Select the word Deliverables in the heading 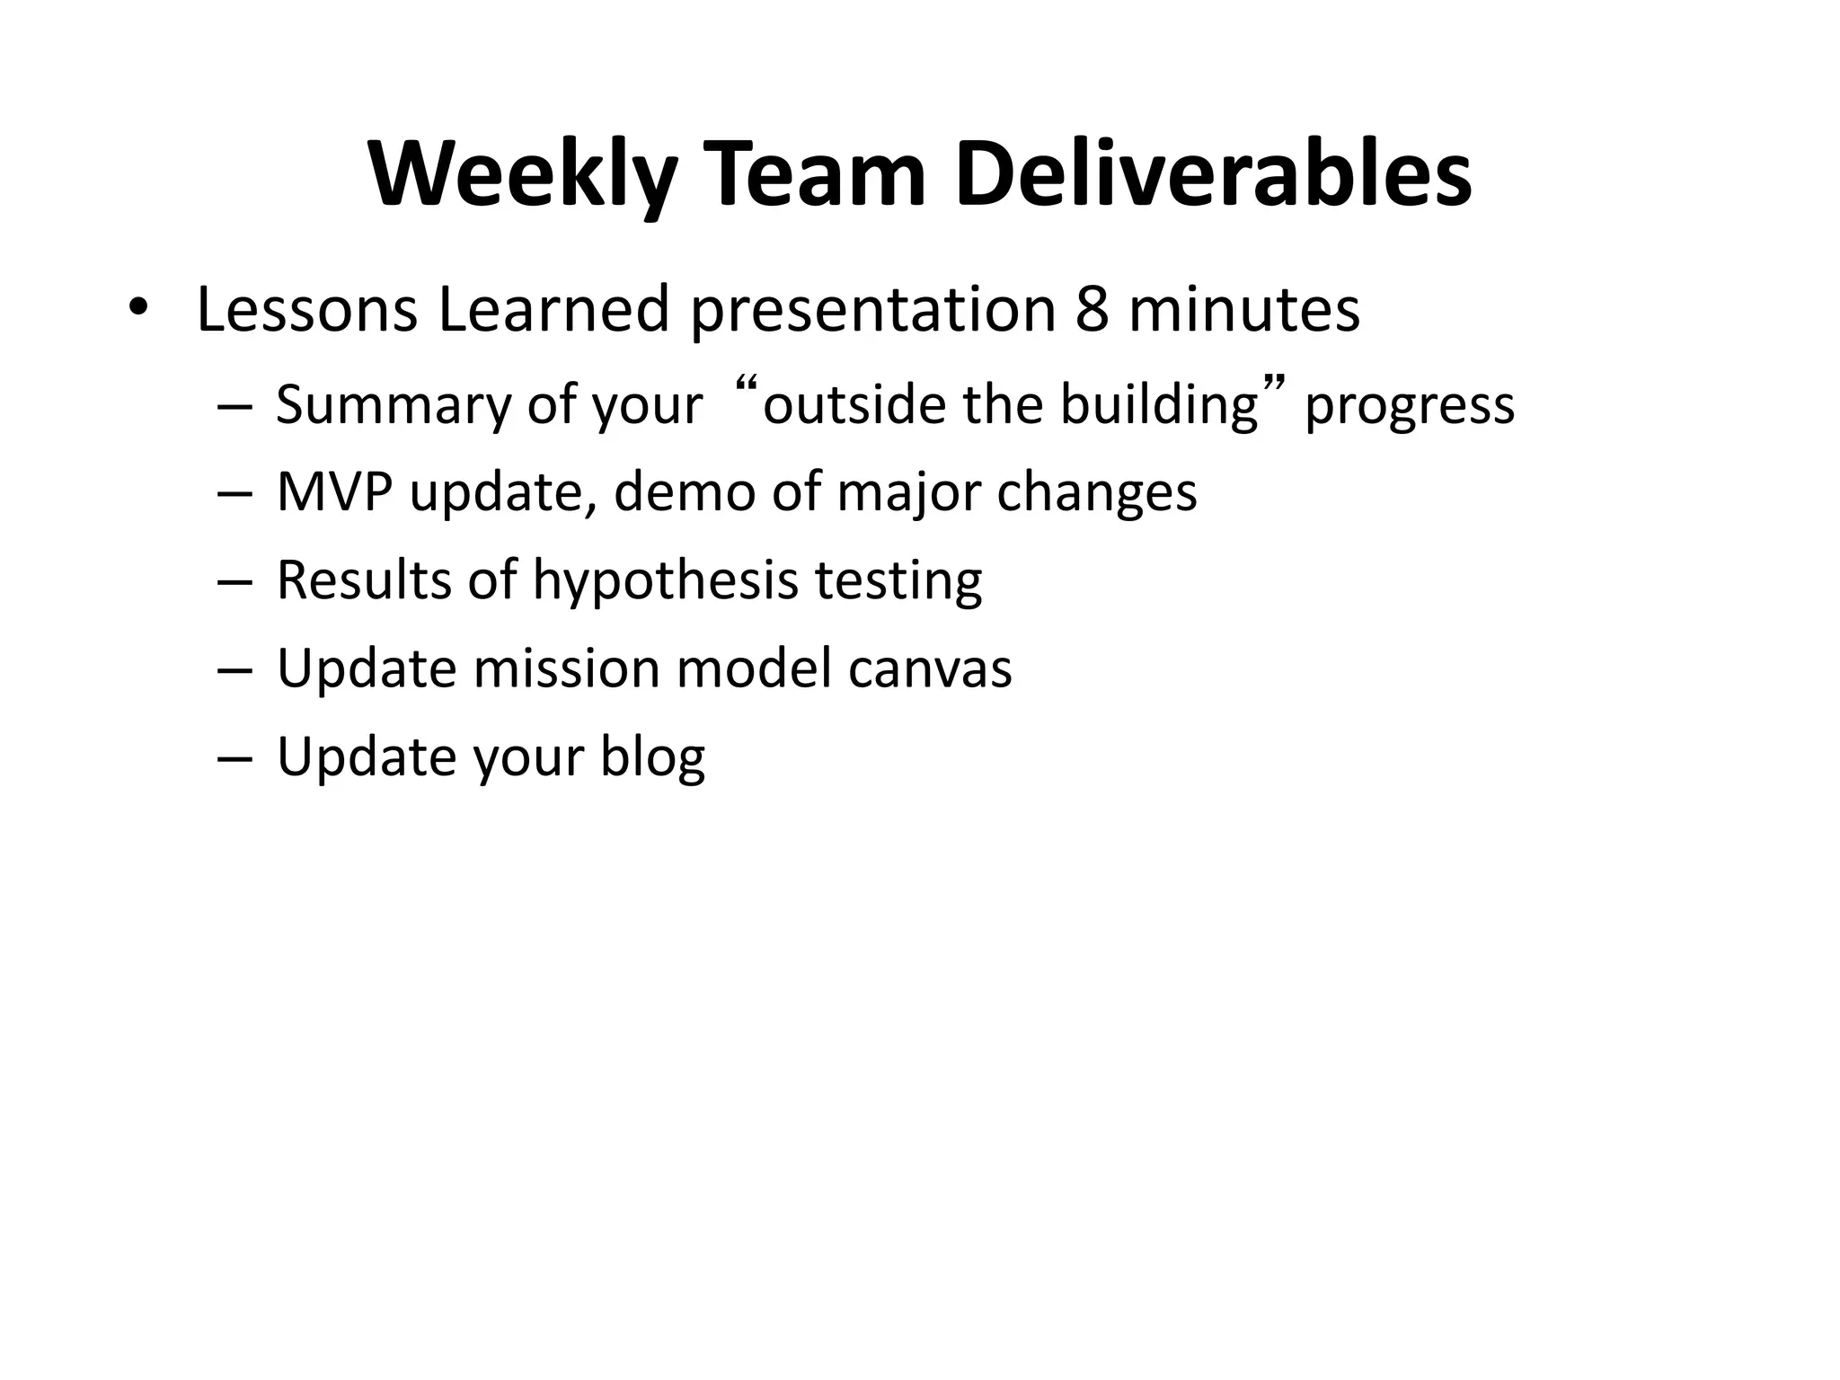(1212, 175)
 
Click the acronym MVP (334, 492)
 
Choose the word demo (684, 492)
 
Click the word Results (363, 580)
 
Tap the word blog (652, 757)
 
